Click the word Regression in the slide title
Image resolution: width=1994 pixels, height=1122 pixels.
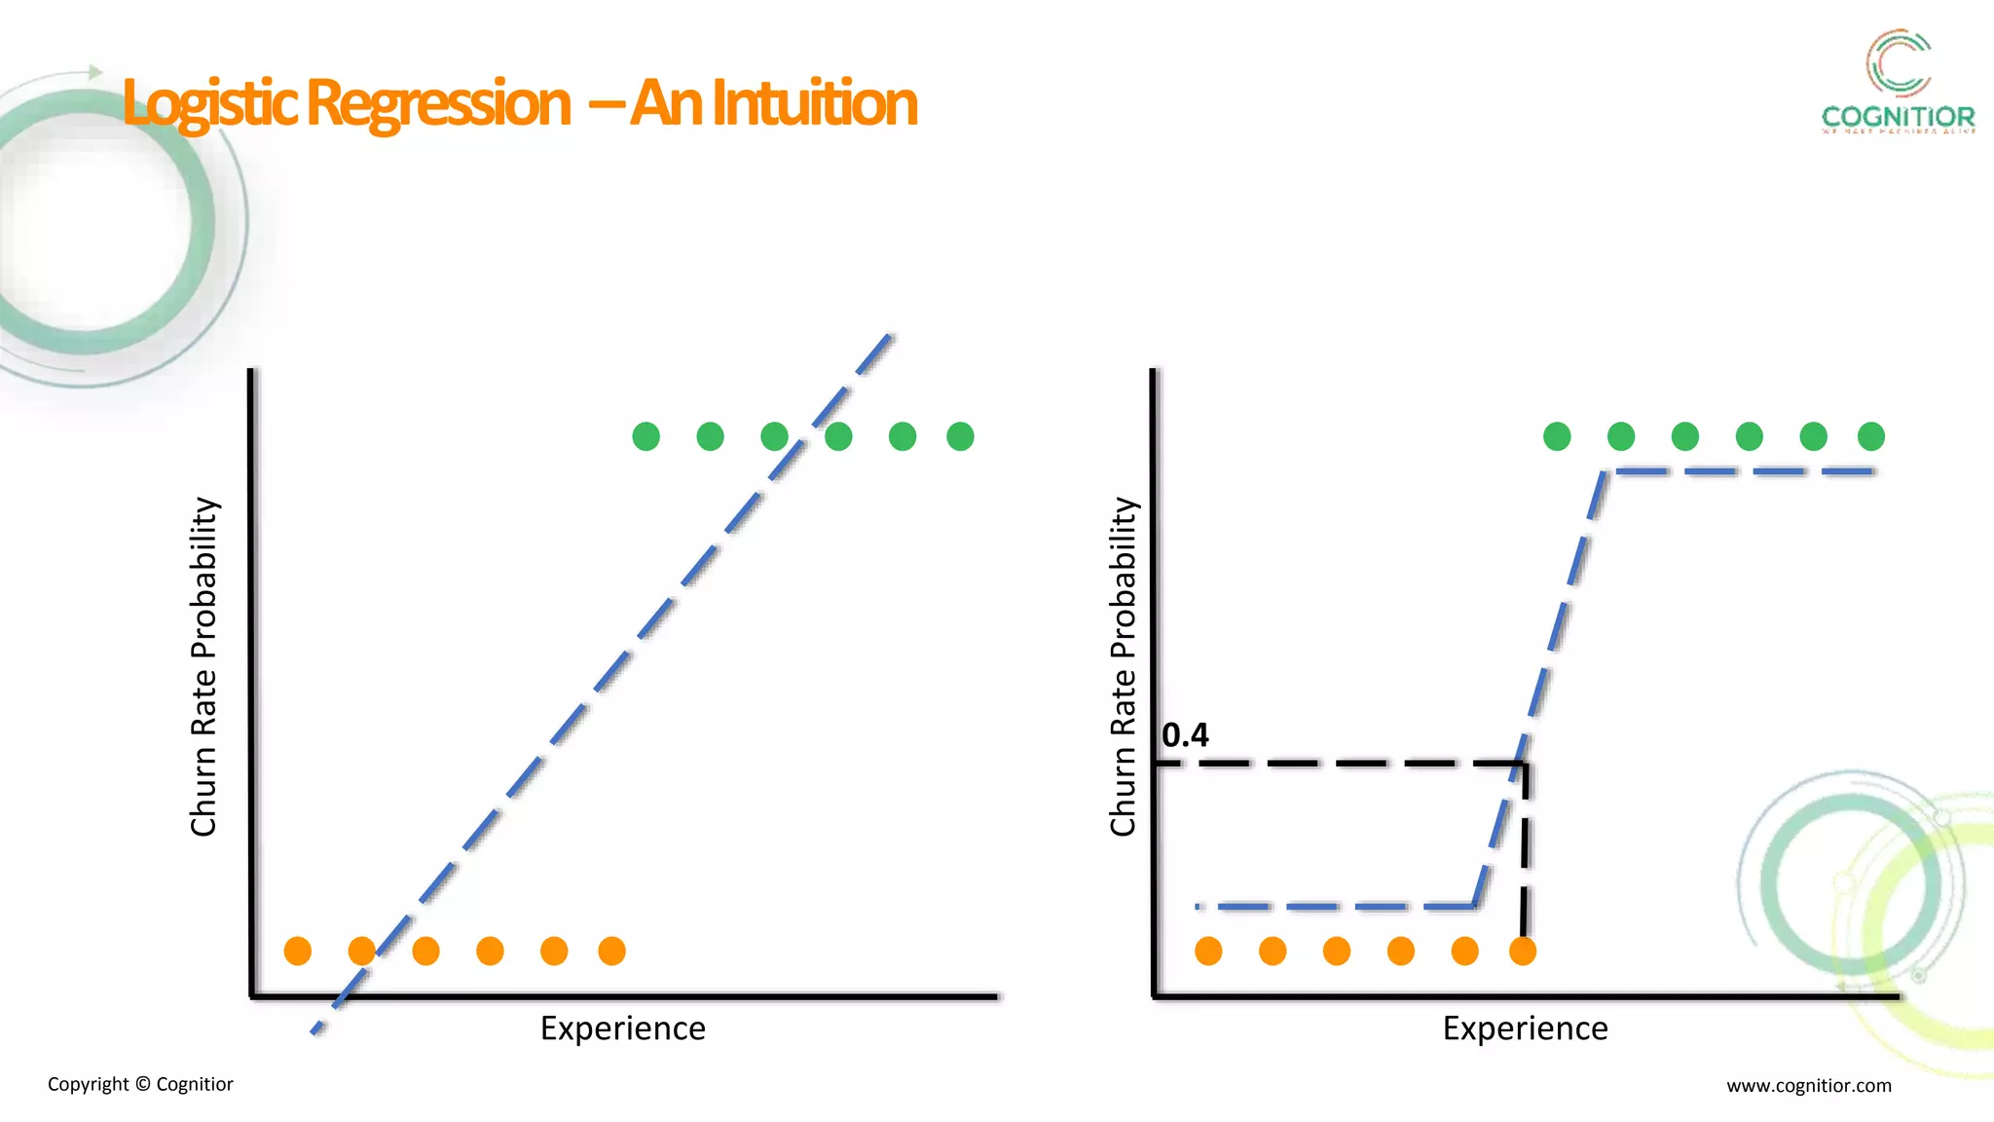438,103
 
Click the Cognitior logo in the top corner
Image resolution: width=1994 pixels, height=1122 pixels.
1898,83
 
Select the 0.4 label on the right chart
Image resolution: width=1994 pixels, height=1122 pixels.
1185,735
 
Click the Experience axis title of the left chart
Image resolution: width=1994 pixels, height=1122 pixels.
623,1028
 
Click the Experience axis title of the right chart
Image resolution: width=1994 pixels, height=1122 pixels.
1525,1028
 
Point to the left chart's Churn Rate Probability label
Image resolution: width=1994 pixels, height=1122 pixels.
203,666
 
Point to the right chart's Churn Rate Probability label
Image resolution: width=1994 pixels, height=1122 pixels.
1123,666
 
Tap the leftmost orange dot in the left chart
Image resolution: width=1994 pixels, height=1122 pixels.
298,951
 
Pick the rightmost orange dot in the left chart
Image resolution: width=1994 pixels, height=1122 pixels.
611,951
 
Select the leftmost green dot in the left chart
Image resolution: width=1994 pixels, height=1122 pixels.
646,436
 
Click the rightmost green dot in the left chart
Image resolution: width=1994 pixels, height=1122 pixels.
960,436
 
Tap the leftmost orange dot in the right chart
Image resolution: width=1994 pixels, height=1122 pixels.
1208,951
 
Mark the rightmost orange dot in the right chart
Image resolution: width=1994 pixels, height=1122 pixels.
1523,951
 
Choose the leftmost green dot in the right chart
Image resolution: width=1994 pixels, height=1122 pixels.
1557,436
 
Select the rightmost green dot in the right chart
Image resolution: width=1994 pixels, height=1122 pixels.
1871,436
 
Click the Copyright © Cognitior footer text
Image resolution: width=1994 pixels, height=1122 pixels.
140,1084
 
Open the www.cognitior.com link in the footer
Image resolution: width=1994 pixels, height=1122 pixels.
1809,1085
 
